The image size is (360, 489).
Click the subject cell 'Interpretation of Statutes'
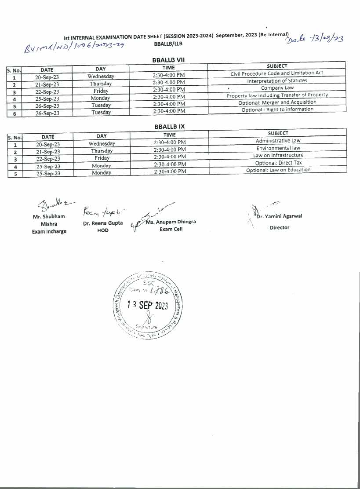[x=277, y=80]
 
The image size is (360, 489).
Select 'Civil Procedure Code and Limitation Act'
[x=277, y=73]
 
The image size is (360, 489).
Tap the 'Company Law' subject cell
[x=277, y=88]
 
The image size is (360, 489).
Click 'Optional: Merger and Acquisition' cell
[x=277, y=102]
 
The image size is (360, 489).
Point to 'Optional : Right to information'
[x=277, y=109]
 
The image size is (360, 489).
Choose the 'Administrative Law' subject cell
[x=278, y=141]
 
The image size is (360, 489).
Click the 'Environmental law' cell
[x=278, y=148]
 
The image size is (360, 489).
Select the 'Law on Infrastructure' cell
[x=278, y=155]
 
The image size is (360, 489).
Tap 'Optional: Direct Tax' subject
[x=278, y=163]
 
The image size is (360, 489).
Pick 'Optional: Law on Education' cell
[x=278, y=170]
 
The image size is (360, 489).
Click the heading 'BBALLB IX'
[x=170, y=126]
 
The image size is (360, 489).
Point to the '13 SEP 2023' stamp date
[x=148, y=306]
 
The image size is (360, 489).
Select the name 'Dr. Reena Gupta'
[x=103, y=223]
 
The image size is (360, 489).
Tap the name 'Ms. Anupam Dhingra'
[x=171, y=222]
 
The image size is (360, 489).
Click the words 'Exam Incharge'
[x=49, y=231]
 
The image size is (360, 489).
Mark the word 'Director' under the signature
[x=280, y=227]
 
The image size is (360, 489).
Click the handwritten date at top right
[x=315, y=39]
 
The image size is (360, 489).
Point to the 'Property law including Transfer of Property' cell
[x=277, y=95]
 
